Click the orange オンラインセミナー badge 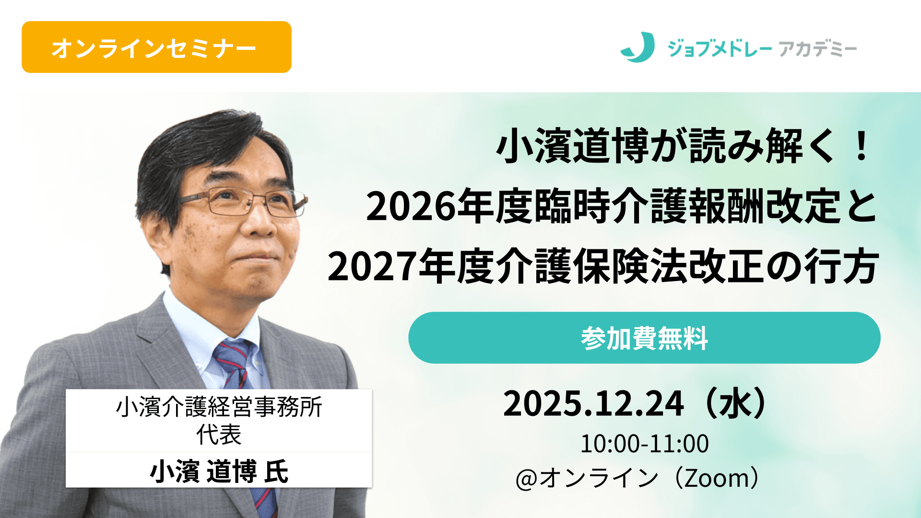tap(156, 47)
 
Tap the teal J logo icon tap(638, 47)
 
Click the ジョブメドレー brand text tap(720, 48)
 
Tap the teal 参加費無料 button tap(644, 338)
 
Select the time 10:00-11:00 tap(644, 444)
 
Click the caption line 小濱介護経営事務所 tap(219, 407)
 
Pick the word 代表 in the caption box tap(219, 435)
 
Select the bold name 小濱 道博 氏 tap(219, 471)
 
